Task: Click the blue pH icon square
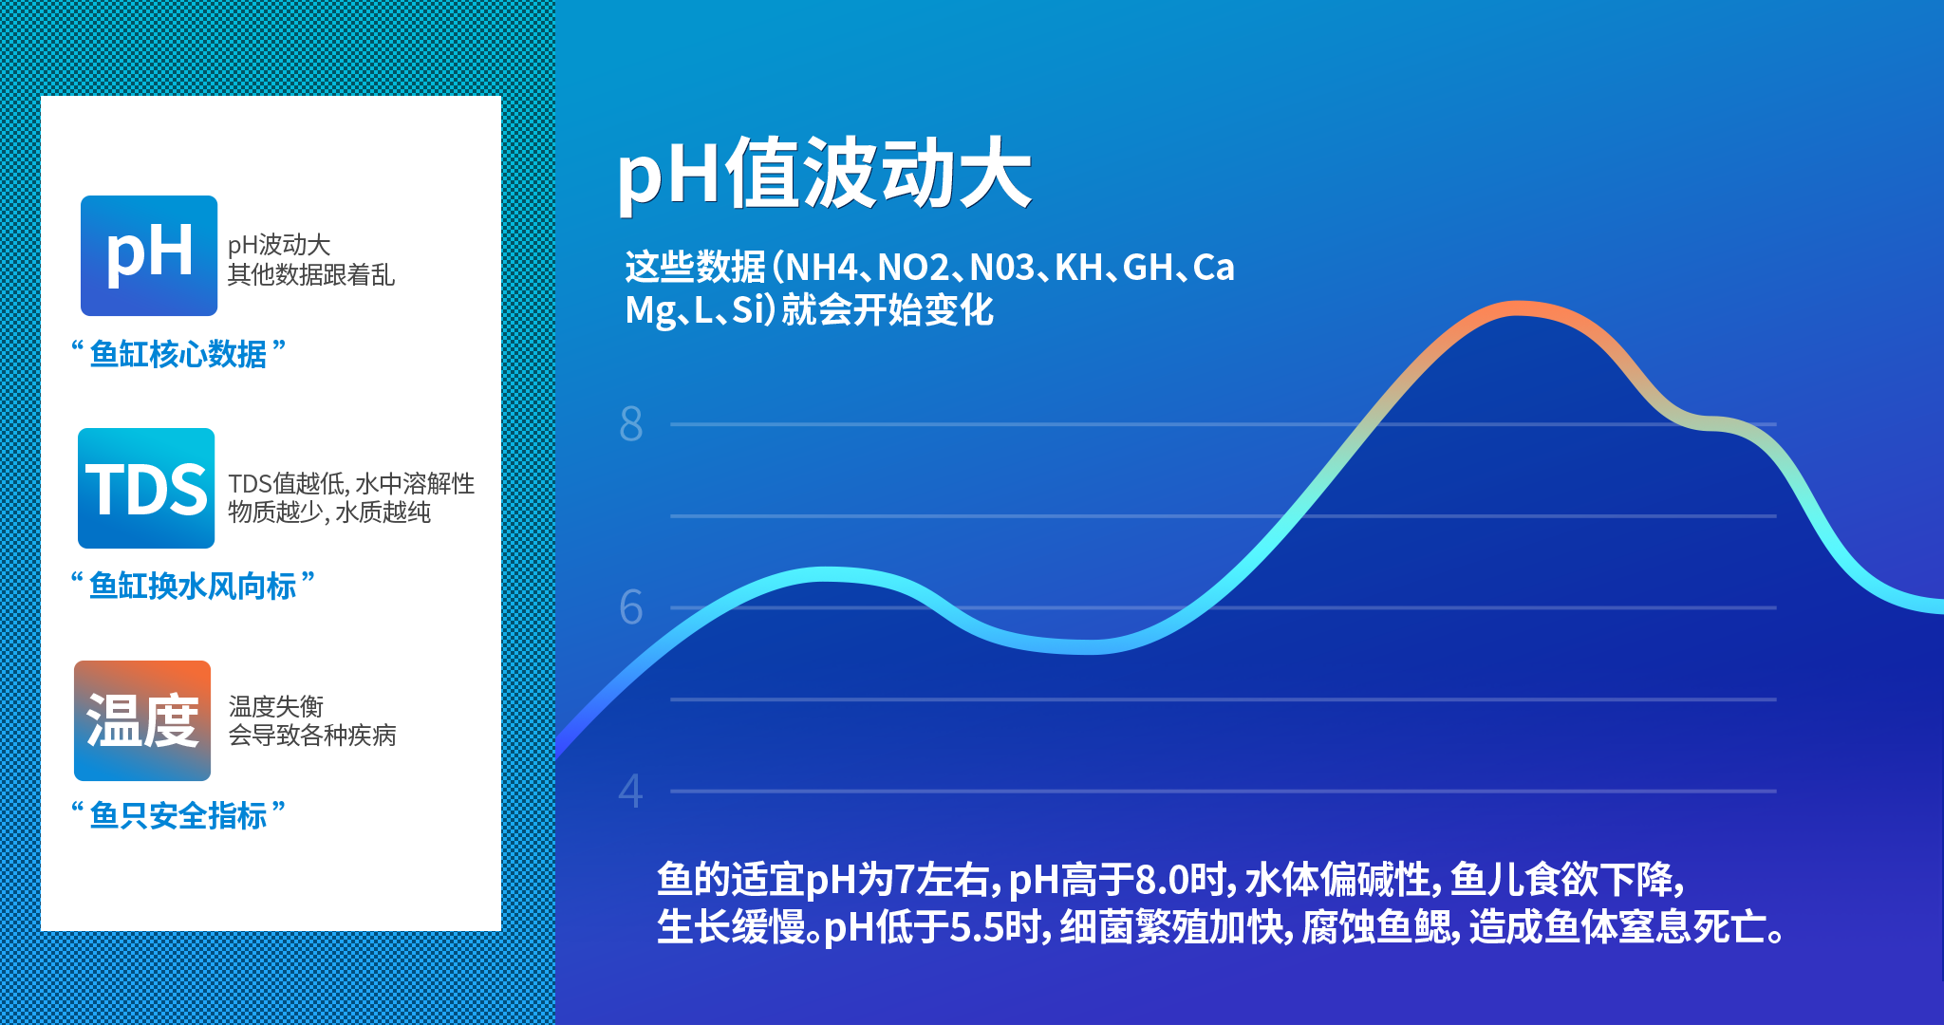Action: click(149, 255)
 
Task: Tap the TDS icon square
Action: click(146, 488)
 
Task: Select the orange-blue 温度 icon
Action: click(142, 720)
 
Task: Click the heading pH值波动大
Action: click(824, 173)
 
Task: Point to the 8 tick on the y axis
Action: click(631, 424)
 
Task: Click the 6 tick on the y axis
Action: click(631, 607)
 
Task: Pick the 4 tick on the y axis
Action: click(631, 791)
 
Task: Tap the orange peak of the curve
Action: click(1519, 307)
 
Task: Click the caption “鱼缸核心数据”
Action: click(178, 354)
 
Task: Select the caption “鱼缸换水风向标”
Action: click(193, 586)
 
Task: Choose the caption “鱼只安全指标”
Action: click(178, 815)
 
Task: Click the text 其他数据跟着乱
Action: click(311, 275)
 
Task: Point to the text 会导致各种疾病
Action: click(312, 736)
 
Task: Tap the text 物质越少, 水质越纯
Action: click(329, 512)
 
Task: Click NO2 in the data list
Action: click(913, 268)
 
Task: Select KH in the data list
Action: click(1079, 268)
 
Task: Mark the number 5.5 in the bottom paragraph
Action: click(977, 927)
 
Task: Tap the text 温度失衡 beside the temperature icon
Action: click(276, 707)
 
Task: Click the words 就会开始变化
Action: click(888, 310)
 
